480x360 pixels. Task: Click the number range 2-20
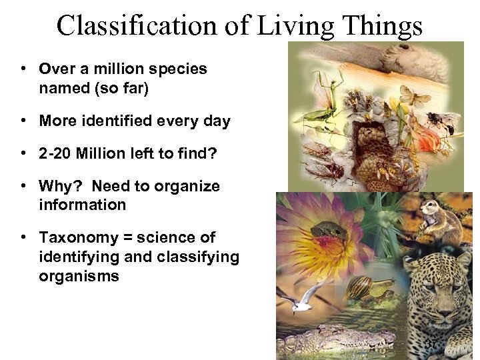pos(55,154)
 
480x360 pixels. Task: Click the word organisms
pos(79,275)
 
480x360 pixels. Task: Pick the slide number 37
pos(431,344)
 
